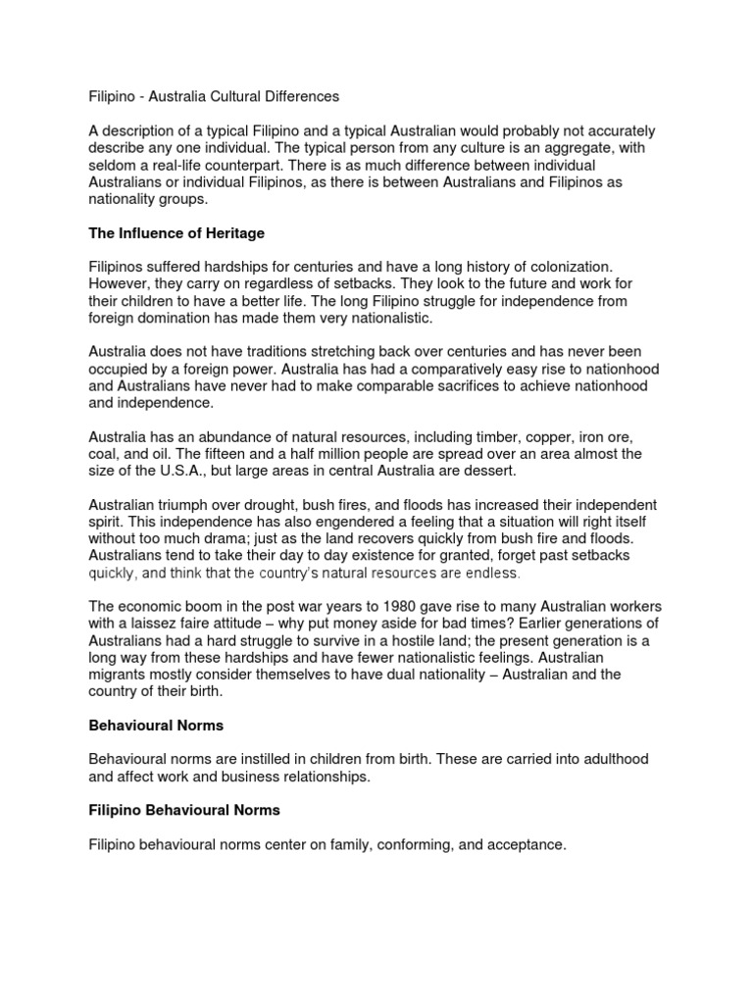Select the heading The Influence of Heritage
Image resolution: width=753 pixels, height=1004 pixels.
tap(176, 233)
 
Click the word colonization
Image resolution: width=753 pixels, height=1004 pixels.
tap(571, 267)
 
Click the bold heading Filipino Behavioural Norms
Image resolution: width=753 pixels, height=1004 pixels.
tap(184, 810)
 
